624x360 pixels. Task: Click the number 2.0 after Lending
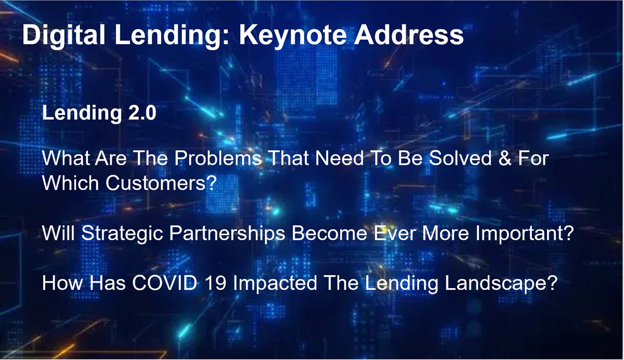tap(140, 113)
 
